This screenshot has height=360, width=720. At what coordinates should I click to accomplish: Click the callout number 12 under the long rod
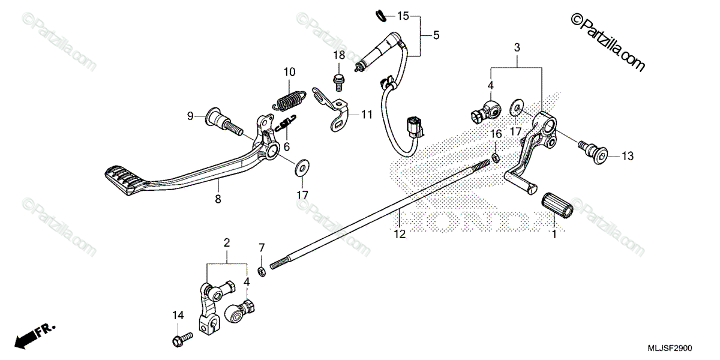coord(400,234)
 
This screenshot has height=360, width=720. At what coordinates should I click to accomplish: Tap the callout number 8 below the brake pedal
coord(218,199)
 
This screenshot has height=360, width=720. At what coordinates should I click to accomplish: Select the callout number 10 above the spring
coord(289,73)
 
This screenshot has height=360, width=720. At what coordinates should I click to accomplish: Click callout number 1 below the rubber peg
coord(554,235)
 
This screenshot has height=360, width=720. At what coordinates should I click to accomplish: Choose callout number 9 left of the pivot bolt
coord(190,116)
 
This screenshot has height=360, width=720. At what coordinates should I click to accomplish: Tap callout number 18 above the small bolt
coord(339,55)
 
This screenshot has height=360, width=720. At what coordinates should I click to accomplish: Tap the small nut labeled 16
coord(496,158)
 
